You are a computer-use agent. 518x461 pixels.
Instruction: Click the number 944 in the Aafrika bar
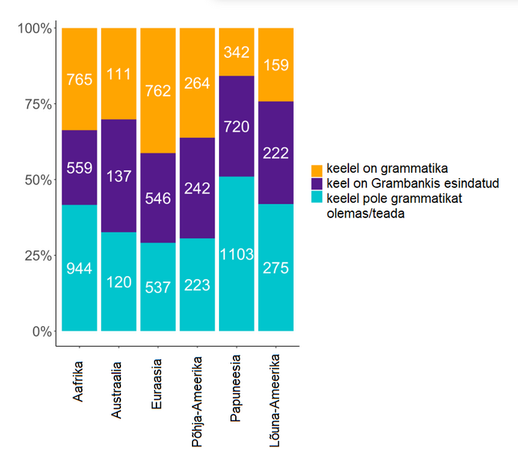(x=79, y=269)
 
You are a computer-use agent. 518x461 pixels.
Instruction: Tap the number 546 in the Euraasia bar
(x=158, y=198)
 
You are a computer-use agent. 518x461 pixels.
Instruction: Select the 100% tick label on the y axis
(x=34, y=29)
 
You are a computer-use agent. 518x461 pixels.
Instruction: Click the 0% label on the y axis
(x=42, y=331)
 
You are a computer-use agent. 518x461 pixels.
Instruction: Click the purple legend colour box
(x=316, y=183)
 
